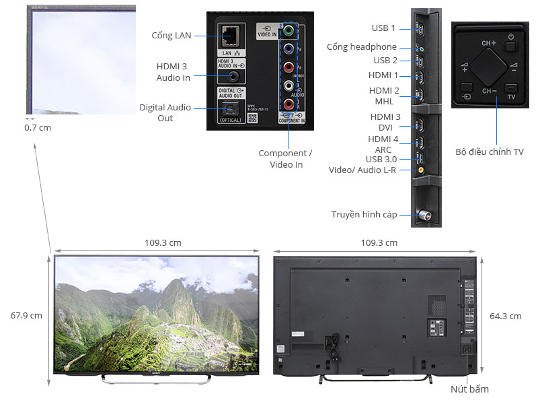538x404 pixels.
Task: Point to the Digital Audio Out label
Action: [165, 112]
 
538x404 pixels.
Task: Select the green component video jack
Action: [288, 30]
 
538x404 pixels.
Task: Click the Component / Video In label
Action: [286, 159]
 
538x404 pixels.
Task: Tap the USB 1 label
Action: [383, 28]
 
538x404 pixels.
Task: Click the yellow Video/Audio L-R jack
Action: [420, 170]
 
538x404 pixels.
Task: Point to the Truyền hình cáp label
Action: [364, 215]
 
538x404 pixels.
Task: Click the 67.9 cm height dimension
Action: [27, 315]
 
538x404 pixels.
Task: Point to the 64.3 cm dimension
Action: [506, 316]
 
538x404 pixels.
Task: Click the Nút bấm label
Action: [469, 389]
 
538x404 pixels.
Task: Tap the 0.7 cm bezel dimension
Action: [38, 127]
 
